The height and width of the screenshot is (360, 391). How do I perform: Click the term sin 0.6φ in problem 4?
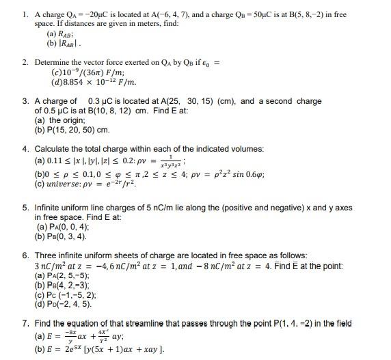tap(218, 174)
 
